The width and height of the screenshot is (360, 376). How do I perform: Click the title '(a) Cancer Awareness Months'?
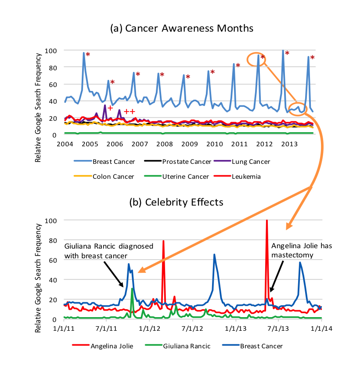click(x=182, y=29)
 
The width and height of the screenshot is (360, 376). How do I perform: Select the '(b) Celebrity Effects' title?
click(x=176, y=202)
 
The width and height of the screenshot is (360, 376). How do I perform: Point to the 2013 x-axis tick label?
click(x=288, y=144)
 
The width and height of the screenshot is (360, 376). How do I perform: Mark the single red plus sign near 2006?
click(x=110, y=108)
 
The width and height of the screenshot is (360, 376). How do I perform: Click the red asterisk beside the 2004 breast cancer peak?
click(x=88, y=55)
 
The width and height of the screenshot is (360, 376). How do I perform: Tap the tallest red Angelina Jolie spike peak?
click(x=267, y=221)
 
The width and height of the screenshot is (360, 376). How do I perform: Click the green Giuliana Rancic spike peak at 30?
click(x=132, y=289)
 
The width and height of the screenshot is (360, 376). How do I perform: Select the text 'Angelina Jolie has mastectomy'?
click(x=302, y=250)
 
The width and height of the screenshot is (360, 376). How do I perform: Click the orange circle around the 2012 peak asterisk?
click(x=256, y=59)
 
